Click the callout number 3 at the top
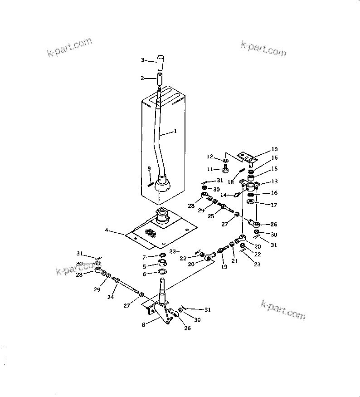142,60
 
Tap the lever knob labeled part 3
161,60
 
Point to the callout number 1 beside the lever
176,132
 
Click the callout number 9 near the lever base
149,168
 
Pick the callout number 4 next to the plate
107,230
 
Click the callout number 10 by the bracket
275,149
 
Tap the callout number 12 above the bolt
209,157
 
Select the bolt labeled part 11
225,169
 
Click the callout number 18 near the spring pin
230,182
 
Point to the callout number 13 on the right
274,181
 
